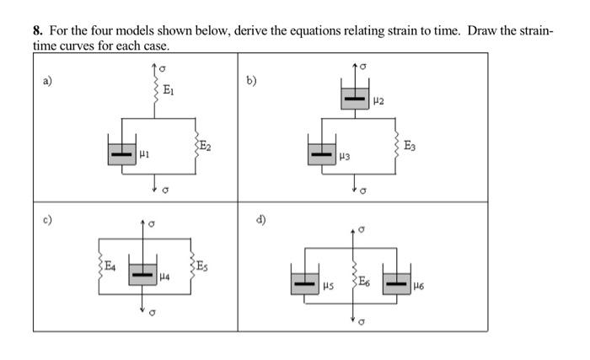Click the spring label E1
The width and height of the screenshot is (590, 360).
coord(169,89)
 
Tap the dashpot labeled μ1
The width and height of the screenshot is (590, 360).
coord(122,154)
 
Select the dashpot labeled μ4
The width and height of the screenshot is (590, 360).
coord(143,274)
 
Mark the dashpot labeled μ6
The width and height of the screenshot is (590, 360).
coord(397,282)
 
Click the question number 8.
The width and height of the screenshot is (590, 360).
coord(37,30)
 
